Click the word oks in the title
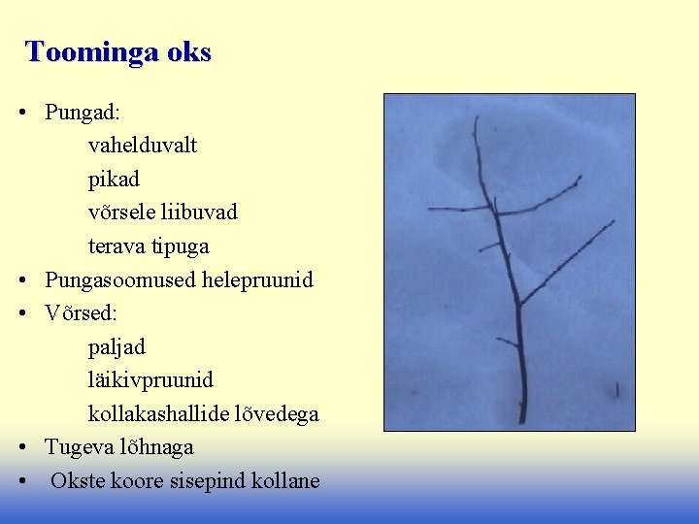point(187,52)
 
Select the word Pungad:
point(83,113)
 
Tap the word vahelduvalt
point(143,146)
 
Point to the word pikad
point(114,180)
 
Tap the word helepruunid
point(257,280)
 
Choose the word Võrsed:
point(81,313)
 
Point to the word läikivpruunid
point(150,380)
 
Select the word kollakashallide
point(159,414)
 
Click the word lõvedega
point(278,414)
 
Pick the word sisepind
point(203,481)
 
